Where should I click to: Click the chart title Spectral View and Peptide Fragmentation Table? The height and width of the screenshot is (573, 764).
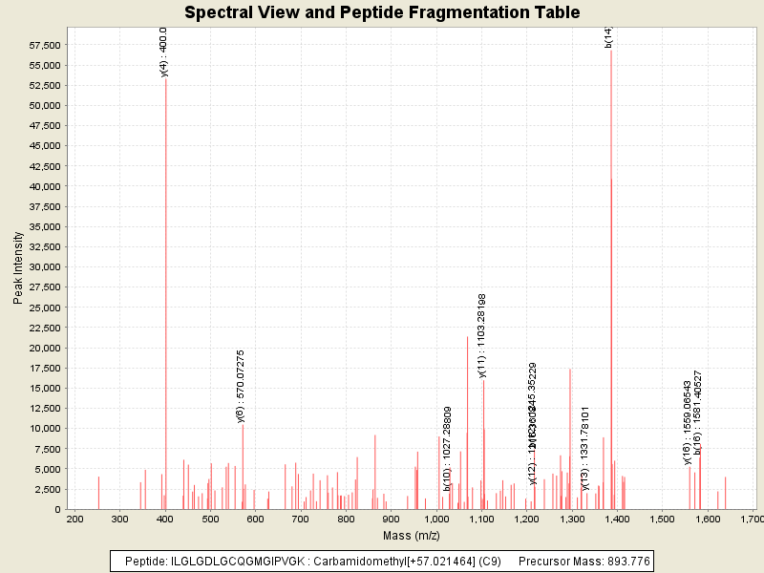click(x=382, y=12)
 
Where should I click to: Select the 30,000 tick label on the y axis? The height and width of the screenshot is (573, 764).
click(x=44, y=266)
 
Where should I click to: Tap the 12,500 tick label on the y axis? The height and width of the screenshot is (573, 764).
click(x=44, y=408)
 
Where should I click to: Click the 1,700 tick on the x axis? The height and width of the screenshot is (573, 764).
click(x=753, y=519)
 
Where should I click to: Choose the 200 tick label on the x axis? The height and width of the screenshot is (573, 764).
click(x=74, y=519)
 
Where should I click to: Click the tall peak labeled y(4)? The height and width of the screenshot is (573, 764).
click(x=165, y=286)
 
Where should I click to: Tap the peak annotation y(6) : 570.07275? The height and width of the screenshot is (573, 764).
click(x=242, y=386)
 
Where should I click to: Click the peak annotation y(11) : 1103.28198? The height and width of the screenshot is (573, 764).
click(x=483, y=335)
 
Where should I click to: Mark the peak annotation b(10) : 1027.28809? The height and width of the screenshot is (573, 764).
click(x=447, y=448)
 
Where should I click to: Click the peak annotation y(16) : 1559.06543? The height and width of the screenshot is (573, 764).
click(x=688, y=422)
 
